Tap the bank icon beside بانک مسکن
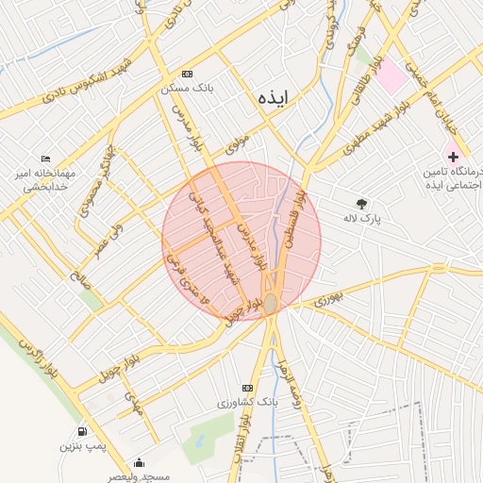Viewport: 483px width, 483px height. (x=187, y=74)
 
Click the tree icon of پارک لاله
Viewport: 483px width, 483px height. (x=361, y=203)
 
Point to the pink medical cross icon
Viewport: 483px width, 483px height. (x=454, y=156)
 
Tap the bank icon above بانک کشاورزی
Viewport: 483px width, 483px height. (x=247, y=388)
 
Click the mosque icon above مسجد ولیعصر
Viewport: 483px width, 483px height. (x=140, y=462)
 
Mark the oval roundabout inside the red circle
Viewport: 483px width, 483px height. (x=271, y=304)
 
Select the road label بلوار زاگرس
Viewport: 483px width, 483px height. (x=36, y=358)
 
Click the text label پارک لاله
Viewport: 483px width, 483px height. (x=393, y=217)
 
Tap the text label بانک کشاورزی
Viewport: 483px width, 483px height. (x=247, y=403)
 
